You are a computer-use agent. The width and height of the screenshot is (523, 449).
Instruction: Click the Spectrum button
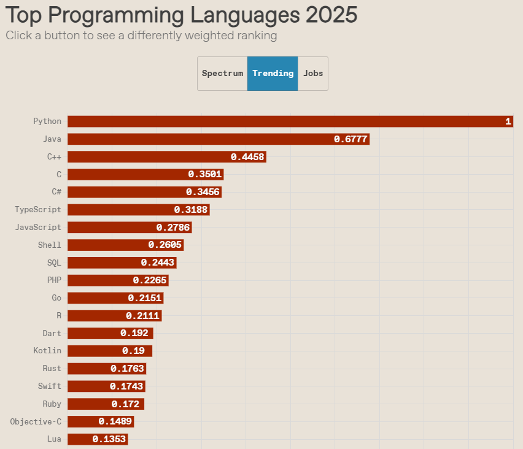point(222,74)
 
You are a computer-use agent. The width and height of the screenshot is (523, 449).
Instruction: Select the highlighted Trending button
point(273,74)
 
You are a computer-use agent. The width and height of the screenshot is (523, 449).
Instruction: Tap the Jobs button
point(313,74)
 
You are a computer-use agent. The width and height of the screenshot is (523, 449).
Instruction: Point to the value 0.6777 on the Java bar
point(351,139)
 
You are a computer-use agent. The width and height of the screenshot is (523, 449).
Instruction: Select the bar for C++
point(166,157)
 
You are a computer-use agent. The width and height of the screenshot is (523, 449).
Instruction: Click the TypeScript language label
point(38,210)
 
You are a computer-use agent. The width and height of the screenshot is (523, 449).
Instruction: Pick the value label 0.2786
point(174,228)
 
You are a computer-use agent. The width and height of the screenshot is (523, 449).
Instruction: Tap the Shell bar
point(125,245)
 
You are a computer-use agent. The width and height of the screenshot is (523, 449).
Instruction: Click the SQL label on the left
point(54,263)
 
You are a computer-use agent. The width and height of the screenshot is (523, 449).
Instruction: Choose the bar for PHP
point(117,280)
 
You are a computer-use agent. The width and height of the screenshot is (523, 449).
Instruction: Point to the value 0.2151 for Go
point(145,298)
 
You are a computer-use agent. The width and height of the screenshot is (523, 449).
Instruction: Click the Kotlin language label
point(47,351)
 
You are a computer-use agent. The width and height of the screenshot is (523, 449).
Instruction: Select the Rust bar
point(106,369)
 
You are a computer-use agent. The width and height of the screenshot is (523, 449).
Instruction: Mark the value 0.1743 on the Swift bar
point(126,386)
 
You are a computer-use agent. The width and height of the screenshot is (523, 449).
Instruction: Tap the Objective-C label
point(36,421)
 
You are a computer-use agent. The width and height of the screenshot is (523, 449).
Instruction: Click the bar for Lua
point(97,439)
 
